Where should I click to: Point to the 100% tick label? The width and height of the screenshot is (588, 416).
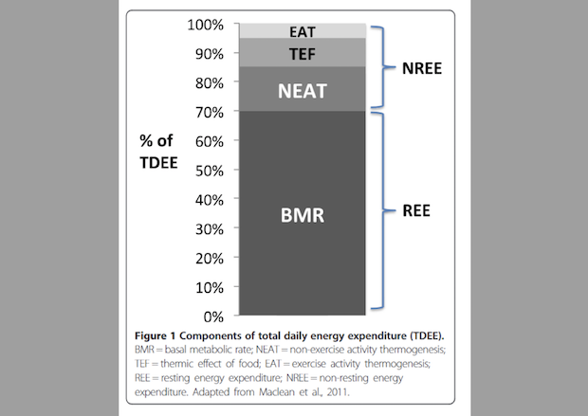tap(205, 25)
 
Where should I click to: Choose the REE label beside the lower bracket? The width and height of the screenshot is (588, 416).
tap(413, 210)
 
